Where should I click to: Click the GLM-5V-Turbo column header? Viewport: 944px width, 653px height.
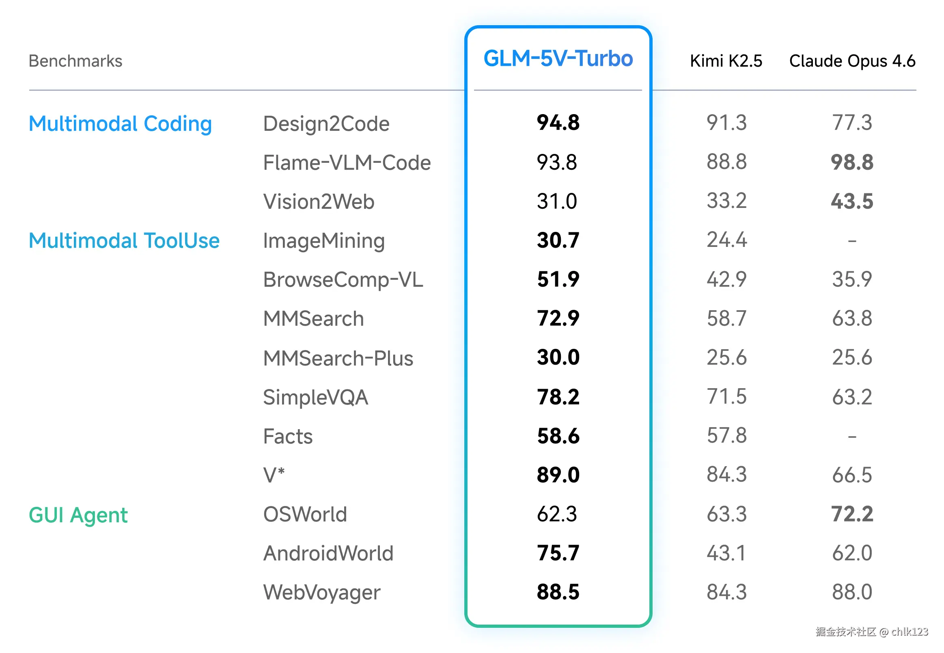tap(558, 58)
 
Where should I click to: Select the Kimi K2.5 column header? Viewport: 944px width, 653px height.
tap(726, 61)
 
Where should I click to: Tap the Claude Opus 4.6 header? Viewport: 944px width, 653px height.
tap(851, 61)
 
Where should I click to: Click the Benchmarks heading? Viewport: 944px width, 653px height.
tap(75, 61)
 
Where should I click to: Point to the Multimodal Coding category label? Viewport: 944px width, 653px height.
tap(120, 123)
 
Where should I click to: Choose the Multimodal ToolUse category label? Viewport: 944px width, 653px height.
tap(124, 240)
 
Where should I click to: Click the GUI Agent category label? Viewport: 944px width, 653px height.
tap(78, 515)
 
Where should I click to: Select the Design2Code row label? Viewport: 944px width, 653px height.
tap(326, 123)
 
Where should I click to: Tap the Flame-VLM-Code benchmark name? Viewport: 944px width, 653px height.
tap(347, 162)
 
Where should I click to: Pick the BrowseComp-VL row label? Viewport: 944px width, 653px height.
tap(343, 280)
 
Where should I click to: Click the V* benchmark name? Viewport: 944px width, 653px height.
tap(274, 476)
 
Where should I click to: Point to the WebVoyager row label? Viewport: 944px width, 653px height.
tap(322, 592)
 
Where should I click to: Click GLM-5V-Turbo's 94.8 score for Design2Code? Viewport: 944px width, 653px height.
tap(558, 123)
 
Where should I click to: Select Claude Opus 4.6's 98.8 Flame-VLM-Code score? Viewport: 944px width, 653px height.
tap(851, 162)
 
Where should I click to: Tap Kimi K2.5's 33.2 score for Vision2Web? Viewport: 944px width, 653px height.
tap(726, 201)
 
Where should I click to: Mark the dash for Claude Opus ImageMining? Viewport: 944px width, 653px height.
tap(851, 241)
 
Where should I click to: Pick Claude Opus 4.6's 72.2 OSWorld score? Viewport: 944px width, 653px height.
tap(851, 514)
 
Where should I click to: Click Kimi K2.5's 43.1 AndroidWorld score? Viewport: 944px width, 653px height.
tap(726, 553)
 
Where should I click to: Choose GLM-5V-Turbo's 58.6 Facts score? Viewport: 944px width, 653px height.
tap(558, 436)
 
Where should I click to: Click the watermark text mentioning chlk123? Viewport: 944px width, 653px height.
tap(871, 632)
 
